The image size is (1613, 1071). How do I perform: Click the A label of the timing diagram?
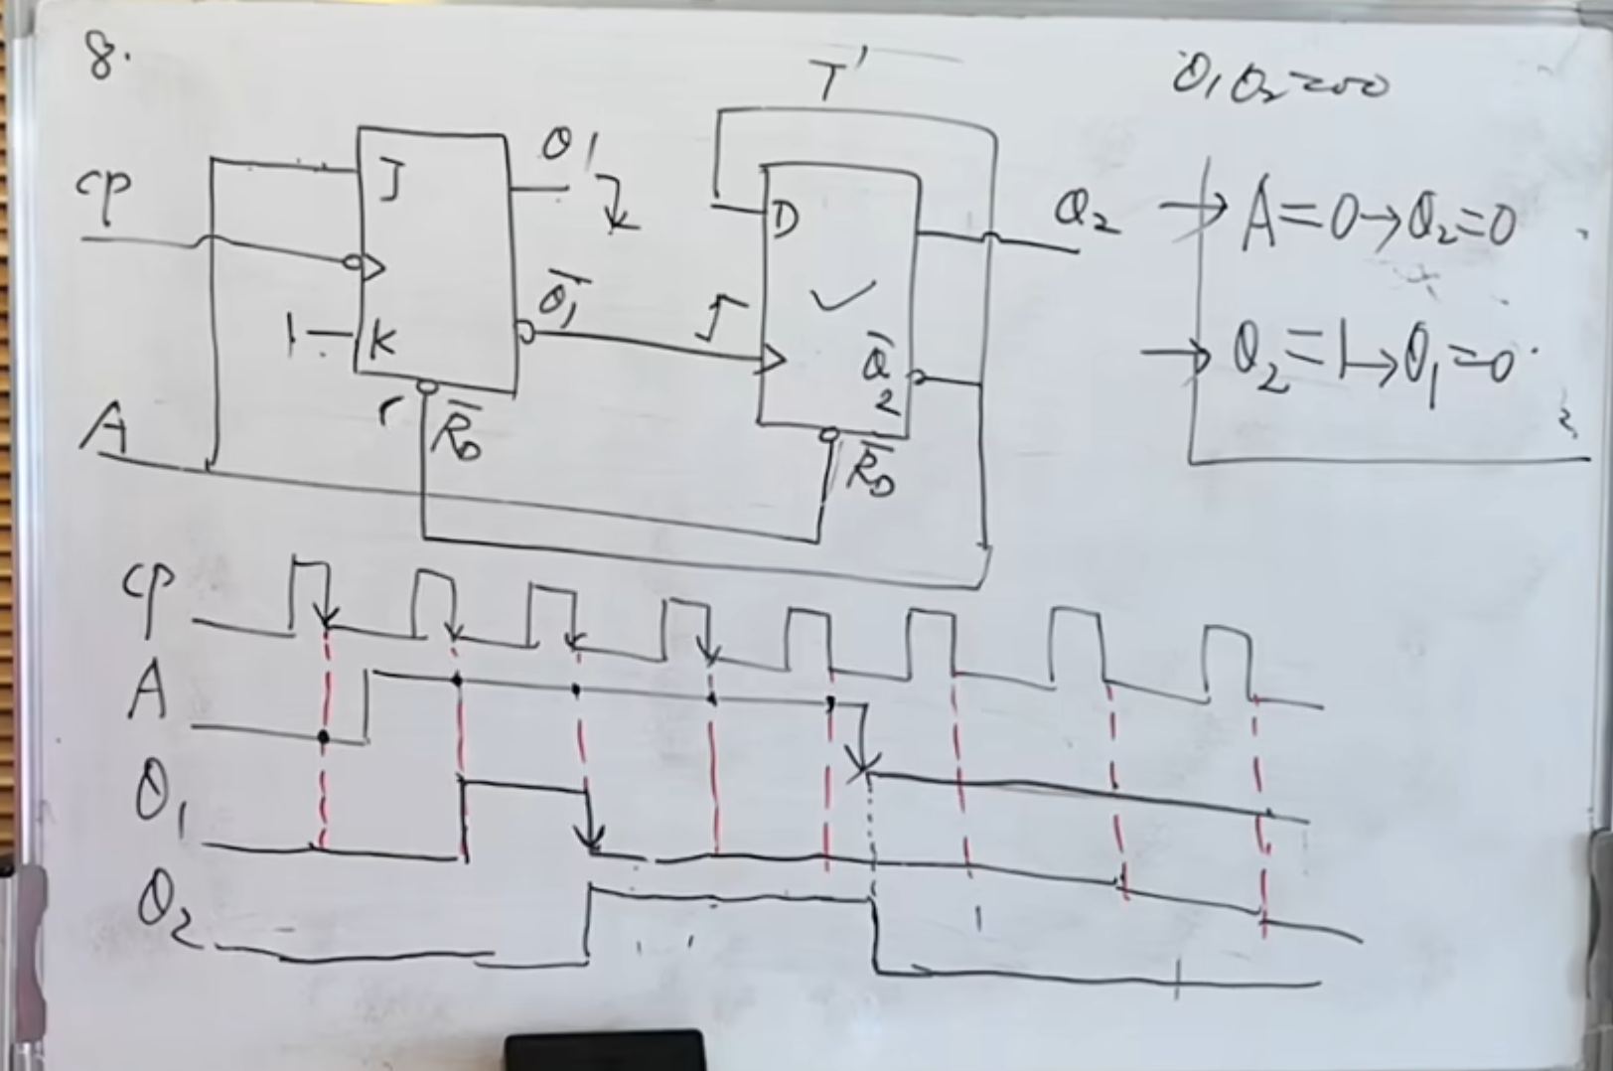[x=146, y=691]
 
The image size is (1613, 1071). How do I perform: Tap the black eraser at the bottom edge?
[x=605, y=1051]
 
